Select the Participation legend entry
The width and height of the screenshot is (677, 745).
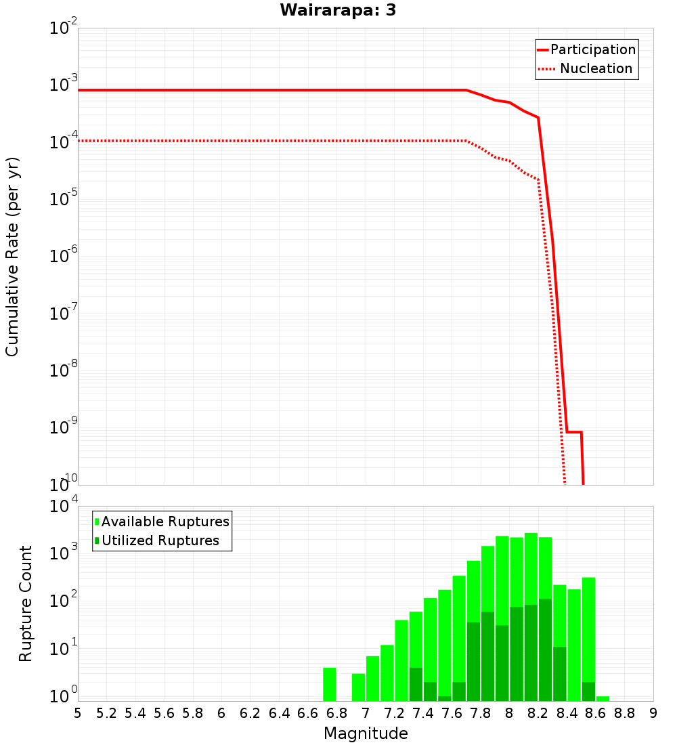coord(592,49)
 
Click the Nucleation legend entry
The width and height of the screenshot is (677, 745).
coord(595,68)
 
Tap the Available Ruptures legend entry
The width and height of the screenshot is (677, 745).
coord(165,521)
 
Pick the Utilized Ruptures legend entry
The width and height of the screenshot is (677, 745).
coord(160,540)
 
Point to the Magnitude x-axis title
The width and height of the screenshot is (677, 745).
coord(366,733)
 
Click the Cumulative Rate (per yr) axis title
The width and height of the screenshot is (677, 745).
coord(12,256)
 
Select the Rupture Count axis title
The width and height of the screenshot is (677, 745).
coord(26,603)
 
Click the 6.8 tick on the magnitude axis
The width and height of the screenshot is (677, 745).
coord(336,712)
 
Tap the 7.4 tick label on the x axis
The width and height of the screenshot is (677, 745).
coord(423,712)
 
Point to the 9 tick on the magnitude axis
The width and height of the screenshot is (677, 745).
coord(653,712)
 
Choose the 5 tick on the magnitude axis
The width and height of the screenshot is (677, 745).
coord(78,712)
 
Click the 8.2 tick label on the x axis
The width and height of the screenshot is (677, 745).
coord(538,712)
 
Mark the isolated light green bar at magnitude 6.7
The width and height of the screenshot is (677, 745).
coord(330,684)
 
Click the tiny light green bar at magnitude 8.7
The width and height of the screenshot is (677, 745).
coord(603,698)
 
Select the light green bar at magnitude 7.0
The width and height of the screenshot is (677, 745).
coord(372,678)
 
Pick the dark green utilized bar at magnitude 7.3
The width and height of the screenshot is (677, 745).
coord(416,684)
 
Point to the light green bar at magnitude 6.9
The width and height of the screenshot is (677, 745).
coord(358,687)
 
